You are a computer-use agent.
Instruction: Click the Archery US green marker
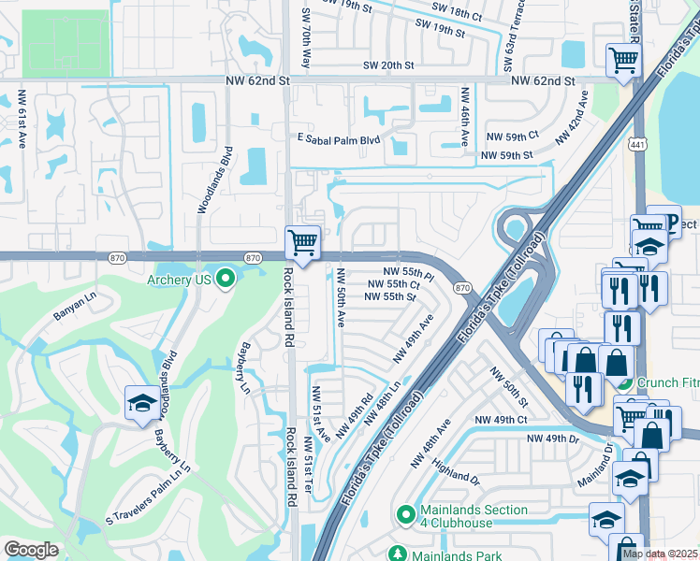pyautogui.click(x=225, y=278)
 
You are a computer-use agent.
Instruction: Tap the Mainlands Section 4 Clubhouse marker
pyautogui.click(x=406, y=515)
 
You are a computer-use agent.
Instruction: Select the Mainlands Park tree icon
pyautogui.click(x=398, y=554)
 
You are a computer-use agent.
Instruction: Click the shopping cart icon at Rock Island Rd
pyautogui.click(x=303, y=243)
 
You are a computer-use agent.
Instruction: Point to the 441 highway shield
pyautogui.click(x=638, y=144)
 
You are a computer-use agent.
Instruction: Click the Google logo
pyautogui.click(x=32, y=550)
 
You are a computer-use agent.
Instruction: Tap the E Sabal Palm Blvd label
pyautogui.click(x=339, y=139)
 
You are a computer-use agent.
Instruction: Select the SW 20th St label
pyautogui.click(x=388, y=65)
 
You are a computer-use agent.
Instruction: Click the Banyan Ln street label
pyautogui.click(x=76, y=315)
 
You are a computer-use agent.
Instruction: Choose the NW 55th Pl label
pyautogui.click(x=409, y=270)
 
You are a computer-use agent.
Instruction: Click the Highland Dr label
pyautogui.click(x=457, y=475)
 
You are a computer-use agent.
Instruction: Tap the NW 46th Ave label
pyautogui.click(x=464, y=117)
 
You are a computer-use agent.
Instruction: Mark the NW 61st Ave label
pyautogui.click(x=22, y=117)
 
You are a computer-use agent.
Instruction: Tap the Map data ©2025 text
pyautogui.click(x=660, y=554)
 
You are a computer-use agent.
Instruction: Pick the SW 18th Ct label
pyautogui.click(x=456, y=15)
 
